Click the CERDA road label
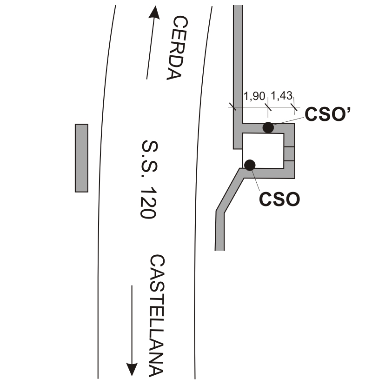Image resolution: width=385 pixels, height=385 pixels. [x=177, y=48]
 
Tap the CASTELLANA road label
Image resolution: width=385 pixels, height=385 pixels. [x=157, y=316]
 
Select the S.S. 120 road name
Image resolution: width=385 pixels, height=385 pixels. [x=149, y=179]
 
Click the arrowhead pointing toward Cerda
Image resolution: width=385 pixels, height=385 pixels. [x=154, y=13]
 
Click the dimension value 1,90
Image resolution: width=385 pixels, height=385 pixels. [x=254, y=96]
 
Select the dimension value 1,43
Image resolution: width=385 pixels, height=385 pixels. [x=282, y=95]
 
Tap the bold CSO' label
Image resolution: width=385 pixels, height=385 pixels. [x=327, y=114]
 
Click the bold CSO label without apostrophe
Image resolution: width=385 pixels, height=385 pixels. [x=279, y=199]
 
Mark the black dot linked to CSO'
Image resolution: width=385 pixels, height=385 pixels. [x=268, y=127]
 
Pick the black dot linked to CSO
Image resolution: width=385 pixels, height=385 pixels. [x=250, y=165]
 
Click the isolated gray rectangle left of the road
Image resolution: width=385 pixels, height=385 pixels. [x=81, y=158]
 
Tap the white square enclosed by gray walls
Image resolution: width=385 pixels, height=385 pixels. [x=263, y=151]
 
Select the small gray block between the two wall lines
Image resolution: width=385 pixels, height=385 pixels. [x=289, y=154]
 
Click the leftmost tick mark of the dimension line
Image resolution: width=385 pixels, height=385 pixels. [x=232, y=106]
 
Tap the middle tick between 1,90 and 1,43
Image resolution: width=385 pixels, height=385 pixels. [x=268, y=107]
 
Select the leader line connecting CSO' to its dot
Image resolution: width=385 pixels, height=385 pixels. [x=288, y=121]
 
